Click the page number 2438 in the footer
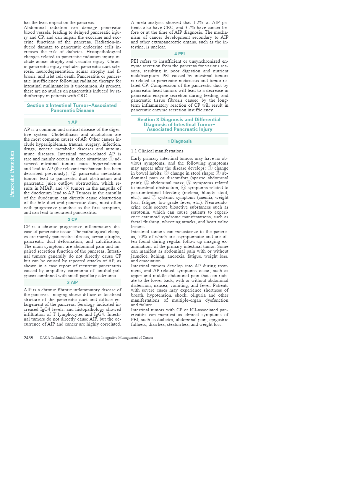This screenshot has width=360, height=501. [28, 338]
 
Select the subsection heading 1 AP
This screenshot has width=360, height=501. [72, 122]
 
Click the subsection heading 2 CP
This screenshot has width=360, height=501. [72, 219]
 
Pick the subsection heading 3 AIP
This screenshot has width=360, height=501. [72, 282]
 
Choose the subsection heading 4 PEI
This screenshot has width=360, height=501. [179, 54]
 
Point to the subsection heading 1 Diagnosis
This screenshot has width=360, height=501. [179, 141]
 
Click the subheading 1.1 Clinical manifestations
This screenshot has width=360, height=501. [157, 151]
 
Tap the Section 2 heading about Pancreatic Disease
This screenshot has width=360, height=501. [72, 108]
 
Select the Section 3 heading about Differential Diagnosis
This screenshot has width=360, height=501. [179, 124]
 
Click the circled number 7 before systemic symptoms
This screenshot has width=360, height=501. [154, 197]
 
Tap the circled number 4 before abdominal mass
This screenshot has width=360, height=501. [146, 183]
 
